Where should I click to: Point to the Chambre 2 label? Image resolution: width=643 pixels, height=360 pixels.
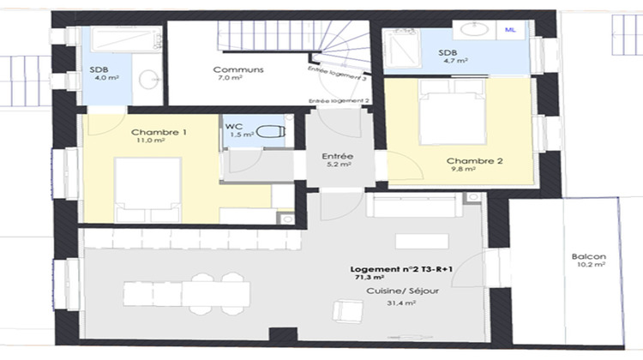[x=468, y=160]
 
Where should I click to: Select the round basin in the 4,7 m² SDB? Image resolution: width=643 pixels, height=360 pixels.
[x=472, y=30]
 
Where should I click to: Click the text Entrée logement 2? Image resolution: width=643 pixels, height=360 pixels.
[x=339, y=100]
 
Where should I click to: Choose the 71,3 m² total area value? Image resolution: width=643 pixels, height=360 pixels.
[x=369, y=279]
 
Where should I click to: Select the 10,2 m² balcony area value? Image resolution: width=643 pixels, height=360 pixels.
[x=592, y=266]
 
